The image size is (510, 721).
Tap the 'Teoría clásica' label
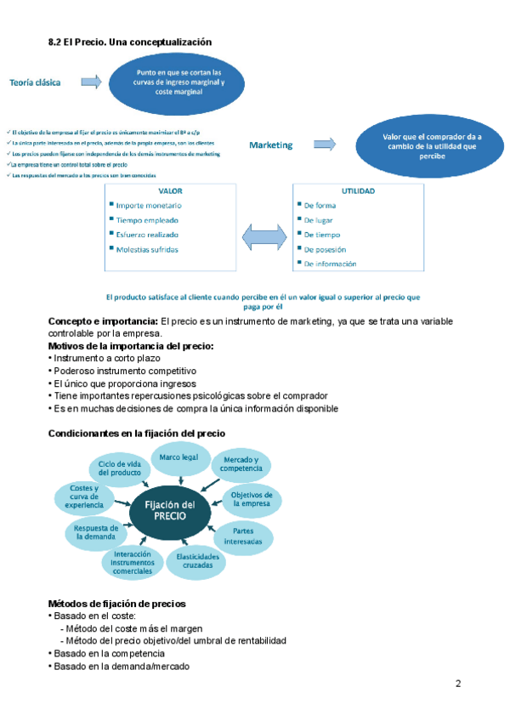tap(39, 82)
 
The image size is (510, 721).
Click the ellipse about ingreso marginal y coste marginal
tap(179, 82)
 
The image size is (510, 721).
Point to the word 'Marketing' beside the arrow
tap(270, 145)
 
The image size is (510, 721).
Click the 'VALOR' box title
tap(170, 191)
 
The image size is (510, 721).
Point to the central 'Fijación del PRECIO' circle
tap(176, 511)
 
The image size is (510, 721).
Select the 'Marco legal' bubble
tap(179, 458)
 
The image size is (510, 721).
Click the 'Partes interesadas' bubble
tap(249, 535)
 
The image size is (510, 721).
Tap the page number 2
tap(458, 684)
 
